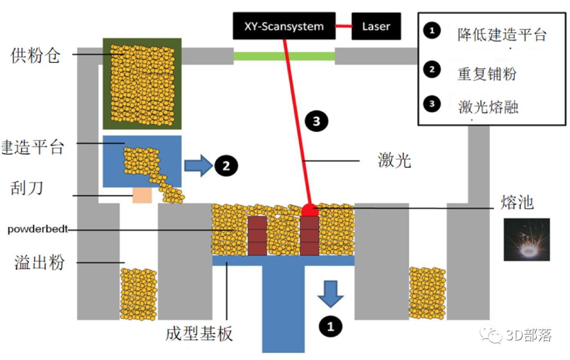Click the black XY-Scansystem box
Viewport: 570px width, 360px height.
284,26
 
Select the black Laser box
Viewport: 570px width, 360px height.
376,26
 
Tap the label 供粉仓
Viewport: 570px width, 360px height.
35,55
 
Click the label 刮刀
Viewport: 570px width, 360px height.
27,188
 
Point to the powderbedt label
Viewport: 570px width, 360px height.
38,229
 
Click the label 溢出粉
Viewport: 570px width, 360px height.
40,262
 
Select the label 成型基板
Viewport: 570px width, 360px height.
199,334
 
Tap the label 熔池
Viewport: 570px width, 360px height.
517,202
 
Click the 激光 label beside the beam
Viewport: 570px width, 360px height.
394,160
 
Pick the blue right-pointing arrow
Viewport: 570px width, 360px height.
198,166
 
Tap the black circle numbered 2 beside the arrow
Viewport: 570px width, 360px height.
226,166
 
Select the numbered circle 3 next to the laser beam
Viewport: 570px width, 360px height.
316,121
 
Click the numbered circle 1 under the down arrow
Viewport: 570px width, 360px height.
330,326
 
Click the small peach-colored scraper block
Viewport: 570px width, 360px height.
142,195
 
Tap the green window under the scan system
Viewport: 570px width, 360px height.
284,56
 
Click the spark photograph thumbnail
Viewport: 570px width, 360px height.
527,240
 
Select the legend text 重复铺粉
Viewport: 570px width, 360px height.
487,74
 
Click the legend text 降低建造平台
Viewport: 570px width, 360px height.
502,35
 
